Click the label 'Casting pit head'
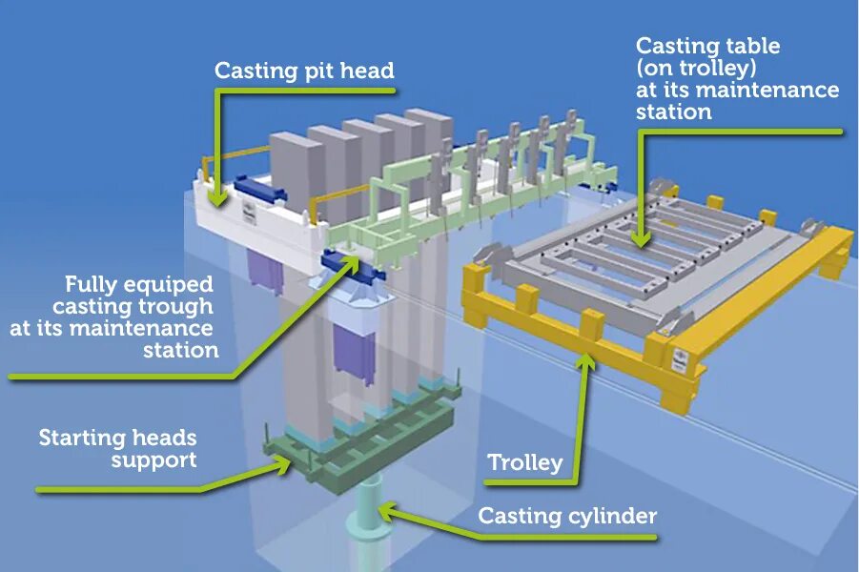click(x=303, y=71)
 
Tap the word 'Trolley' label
click(x=524, y=463)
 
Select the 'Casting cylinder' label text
click(x=567, y=516)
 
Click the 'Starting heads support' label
click(x=117, y=449)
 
